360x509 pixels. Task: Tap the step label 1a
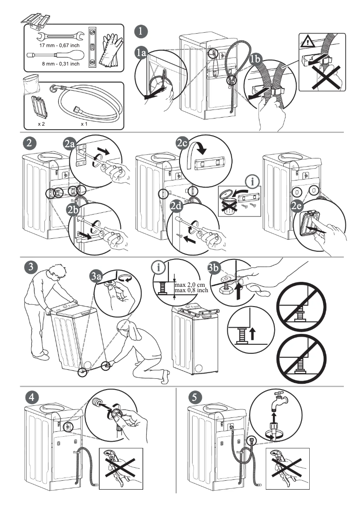141,53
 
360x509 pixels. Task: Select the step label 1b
255,59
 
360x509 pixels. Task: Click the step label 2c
182,143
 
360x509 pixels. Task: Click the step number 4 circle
31,397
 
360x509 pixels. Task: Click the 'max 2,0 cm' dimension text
188,285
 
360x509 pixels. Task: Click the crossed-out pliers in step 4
120,469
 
